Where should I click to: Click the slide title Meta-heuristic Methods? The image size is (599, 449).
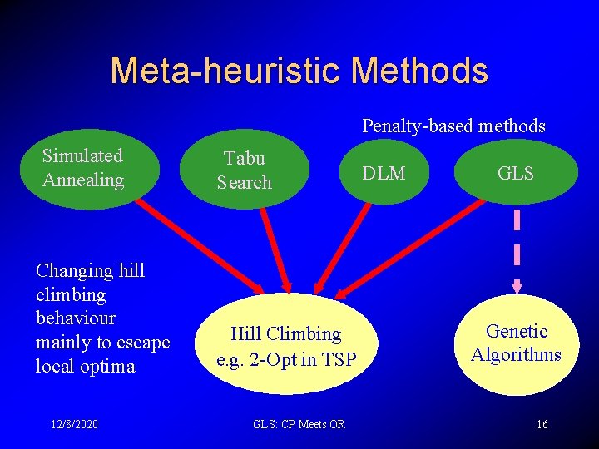coord(299,71)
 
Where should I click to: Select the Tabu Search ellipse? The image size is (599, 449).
coord(245,170)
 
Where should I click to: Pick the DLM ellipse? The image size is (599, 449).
coord(385,173)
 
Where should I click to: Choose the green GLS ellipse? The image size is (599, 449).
coord(516,173)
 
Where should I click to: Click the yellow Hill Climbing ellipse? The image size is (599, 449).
coord(286,345)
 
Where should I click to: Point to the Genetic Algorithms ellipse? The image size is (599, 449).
coord(516,343)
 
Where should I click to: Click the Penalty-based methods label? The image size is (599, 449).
coord(453,126)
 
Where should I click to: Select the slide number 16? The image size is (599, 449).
coord(542,424)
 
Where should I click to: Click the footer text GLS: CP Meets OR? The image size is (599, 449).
coord(299,424)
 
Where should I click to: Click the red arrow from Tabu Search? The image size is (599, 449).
coord(274,249)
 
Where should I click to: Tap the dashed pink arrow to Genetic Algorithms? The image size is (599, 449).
coord(517,249)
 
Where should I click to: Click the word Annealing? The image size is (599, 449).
coord(82,180)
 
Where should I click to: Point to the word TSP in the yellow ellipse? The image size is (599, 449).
coord(338,360)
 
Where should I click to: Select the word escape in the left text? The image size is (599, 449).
coord(141,343)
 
